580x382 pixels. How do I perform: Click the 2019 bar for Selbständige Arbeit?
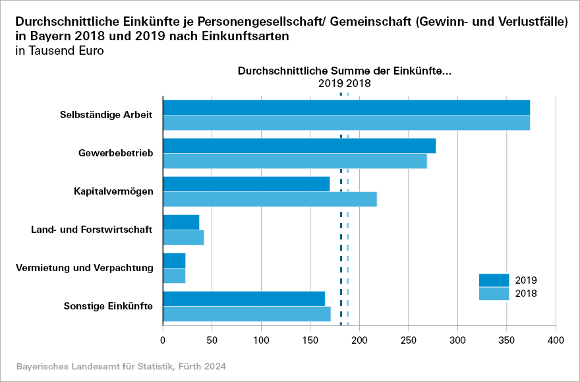point(346,107)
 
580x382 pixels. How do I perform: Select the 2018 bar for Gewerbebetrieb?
point(295,161)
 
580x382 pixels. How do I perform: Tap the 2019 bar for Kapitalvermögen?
point(246,184)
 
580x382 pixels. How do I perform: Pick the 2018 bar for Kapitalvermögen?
point(270,199)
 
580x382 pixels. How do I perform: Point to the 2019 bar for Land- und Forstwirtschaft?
point(181,222)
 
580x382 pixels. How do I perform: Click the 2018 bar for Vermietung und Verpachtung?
point(174,276)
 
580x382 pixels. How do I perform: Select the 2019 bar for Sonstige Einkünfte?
point(244,299)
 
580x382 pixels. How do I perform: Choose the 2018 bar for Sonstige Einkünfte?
point(246,314)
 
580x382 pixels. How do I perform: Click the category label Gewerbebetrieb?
point(115,153)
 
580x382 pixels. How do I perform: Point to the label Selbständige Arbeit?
point(106,115)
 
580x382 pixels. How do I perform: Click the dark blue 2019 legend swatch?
point(494,280)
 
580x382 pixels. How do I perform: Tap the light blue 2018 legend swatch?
point(494,294)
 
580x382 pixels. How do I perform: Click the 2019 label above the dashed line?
point(330,84)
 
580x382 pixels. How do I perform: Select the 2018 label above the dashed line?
point(359,84)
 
